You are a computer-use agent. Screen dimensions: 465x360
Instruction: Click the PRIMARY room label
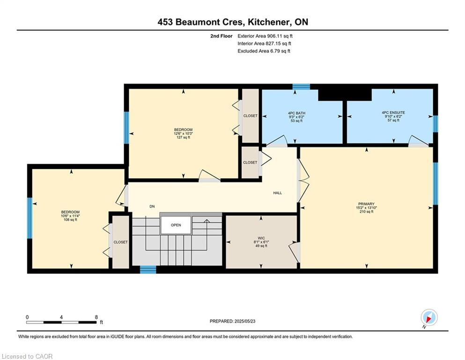pyautogui.click(x=366, y=204)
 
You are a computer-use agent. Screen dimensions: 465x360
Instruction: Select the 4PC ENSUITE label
pyautogui.click(x=393, y=112)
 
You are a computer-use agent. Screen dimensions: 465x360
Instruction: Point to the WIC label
pyautogui.click(x=261, y=238)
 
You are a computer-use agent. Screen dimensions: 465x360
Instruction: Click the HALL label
pyautogui.click(x=278, y=193)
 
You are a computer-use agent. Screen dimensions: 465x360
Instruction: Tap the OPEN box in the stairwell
pyautogui.click(x=176, y=225)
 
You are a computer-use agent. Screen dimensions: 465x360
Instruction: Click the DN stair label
pyautogui.click(x=152, y=207)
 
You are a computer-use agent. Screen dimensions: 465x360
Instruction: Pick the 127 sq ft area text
pyautogui.click(x=183, y=137)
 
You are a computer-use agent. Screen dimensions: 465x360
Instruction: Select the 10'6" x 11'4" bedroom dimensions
pyautogui.click(x=70, y=216)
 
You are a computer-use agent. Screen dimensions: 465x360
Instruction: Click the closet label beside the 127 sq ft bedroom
pyautogui.click(x=250, y=116)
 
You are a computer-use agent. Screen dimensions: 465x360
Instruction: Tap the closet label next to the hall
pyautogui.click(x=250, y=163)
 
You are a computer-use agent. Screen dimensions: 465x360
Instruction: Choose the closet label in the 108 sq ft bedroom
pyautogui.click(x=121, y=242)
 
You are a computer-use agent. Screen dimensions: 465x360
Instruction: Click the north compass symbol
pyautogui.click(x=429, y=317)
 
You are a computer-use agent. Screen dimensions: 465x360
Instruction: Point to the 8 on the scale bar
pyautogui.click(x=96, y=317)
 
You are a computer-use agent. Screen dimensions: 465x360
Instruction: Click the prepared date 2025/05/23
pyautogui.click(x=244, y=321)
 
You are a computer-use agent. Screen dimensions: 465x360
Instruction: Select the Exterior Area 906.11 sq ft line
pyautogui.click(x=265, y=36)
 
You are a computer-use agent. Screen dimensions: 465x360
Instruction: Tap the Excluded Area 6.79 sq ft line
pyautogui.click(x=264, y=51)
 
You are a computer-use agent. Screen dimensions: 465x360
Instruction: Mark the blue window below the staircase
pyautogui.click(x=148, y=270)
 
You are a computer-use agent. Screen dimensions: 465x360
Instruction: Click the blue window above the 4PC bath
pyautogui.click(x=301, y=87)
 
